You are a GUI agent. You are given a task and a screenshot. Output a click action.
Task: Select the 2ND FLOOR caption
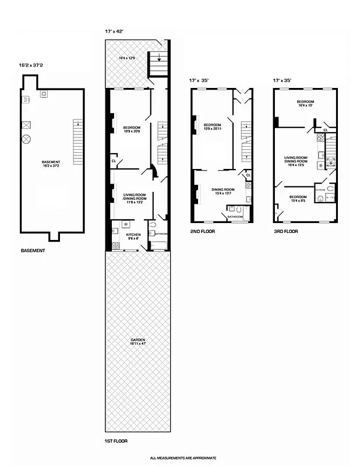tap(203, 231)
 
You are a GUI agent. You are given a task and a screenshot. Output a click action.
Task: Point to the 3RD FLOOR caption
tap(286, 231)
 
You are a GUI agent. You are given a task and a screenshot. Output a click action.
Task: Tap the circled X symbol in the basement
tap(26, 139)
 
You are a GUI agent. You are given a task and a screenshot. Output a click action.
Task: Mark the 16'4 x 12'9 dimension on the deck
tap(127, 58)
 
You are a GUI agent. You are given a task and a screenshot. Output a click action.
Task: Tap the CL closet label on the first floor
tap(114, 161)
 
